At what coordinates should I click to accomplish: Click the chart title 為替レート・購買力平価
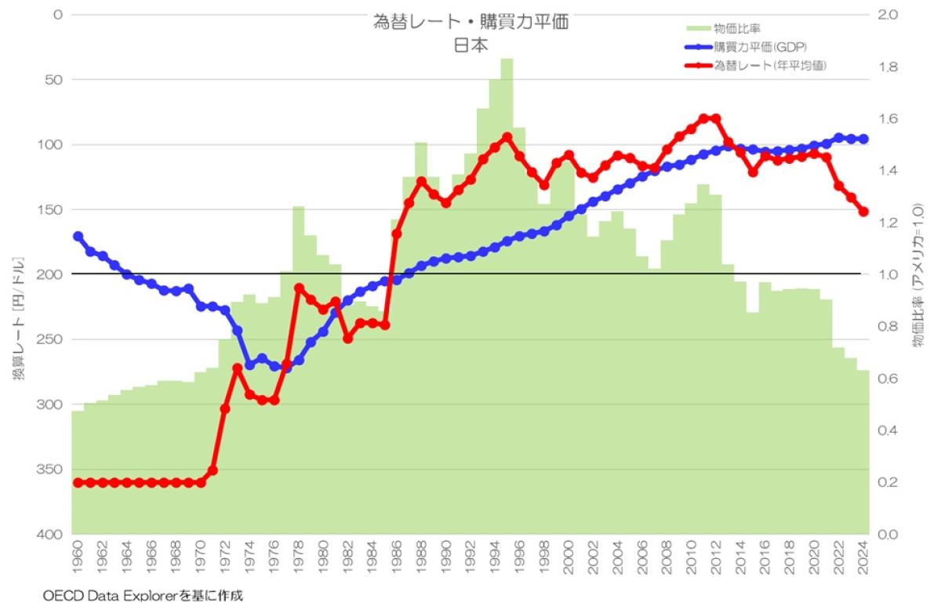tap(470, 23)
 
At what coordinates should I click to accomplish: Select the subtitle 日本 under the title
tap(470, 45)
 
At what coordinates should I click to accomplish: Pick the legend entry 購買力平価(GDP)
tap(760, 47)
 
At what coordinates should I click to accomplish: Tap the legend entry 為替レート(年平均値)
tap(769, 66)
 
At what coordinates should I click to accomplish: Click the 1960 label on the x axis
tap(78, 556)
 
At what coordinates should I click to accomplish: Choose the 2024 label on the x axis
tap(863, 556)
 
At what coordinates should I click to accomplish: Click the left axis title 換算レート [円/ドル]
tap(17, 318)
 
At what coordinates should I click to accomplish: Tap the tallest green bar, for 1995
tap(507, 235)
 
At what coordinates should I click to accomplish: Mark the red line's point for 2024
tap(863, 212)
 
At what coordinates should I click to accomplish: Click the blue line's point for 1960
tap(78, 236)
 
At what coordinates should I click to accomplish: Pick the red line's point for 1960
tap(78, 482)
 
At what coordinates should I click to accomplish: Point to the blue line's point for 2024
tap(863, 139)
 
